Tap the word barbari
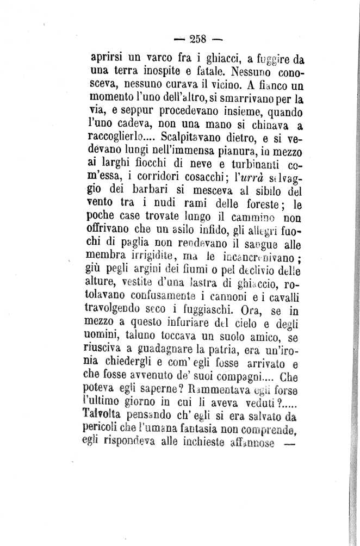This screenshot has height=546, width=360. tap(142, 191)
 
